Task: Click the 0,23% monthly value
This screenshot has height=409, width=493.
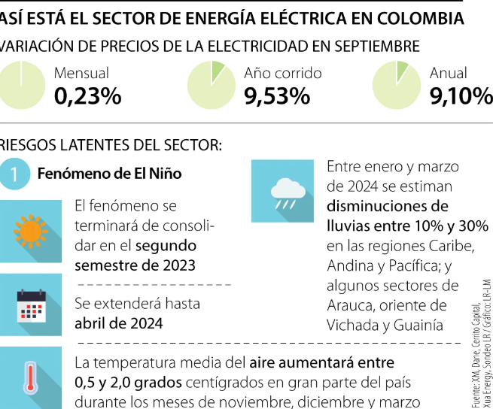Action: [87, 95]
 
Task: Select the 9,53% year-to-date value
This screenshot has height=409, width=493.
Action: [277, 95]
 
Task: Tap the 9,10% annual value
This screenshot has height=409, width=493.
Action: [461, 95]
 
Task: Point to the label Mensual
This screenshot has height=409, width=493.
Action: [81, 74]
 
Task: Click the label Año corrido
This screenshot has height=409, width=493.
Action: [282, 74]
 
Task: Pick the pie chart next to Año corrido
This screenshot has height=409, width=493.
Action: [211, 84]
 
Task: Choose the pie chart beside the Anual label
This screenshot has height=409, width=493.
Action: [396, 84]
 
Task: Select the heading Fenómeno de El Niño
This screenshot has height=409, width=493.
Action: [109, 174]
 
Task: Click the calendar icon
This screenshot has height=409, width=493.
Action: [31, 306]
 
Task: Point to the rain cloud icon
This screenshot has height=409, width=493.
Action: [282, 192]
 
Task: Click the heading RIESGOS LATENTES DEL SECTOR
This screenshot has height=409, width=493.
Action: [111, 144]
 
